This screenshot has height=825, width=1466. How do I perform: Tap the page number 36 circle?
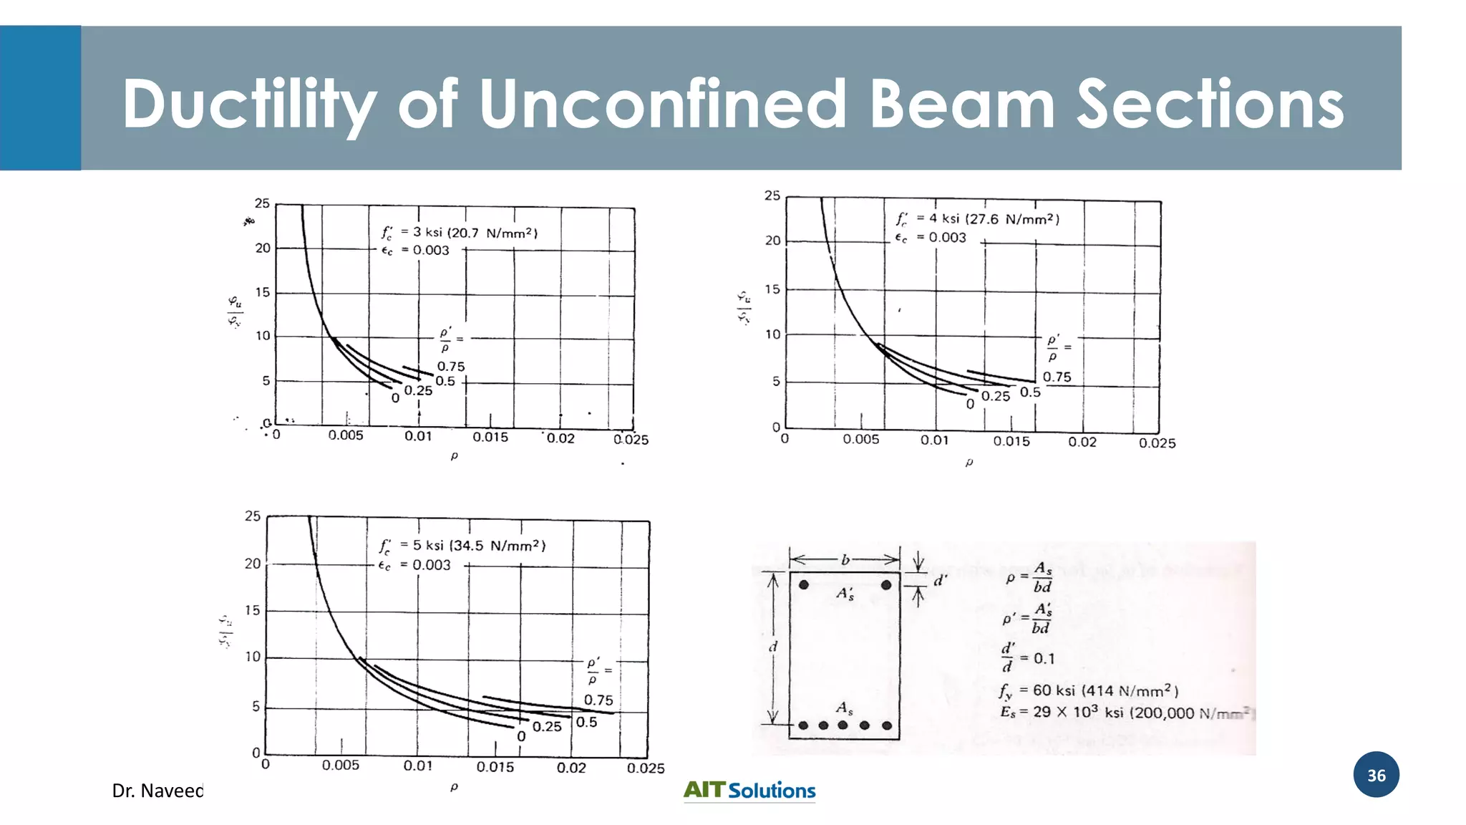coord(1376,775)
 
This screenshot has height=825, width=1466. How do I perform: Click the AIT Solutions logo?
coord(749,790)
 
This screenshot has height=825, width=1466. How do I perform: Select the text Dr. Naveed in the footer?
coord(157,791)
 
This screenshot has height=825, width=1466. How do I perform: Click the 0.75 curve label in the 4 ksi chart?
coord(1057,377)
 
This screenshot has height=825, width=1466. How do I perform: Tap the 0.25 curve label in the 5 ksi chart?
coord(547,727)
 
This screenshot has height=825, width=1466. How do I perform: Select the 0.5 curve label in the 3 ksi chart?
coord(445,382)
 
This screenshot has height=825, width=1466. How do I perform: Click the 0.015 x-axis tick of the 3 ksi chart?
coord(490,437)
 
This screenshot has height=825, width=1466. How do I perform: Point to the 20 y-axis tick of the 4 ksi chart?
coord(772,241)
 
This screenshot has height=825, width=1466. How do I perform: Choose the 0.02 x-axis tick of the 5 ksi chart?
coord(571,768)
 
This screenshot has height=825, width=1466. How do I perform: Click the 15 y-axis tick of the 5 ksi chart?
coord(253,610)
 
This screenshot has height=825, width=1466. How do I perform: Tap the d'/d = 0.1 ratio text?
coord(1028,657)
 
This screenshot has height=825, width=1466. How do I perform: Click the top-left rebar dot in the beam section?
coord(804,585)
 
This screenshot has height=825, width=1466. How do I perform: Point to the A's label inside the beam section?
coord(845,594)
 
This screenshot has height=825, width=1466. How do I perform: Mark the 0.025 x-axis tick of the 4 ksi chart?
coord(1157,443)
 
